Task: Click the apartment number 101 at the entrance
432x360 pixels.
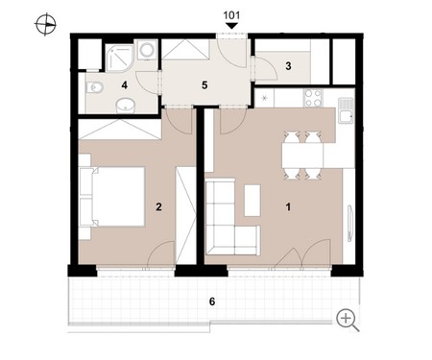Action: click(x=231, y=15)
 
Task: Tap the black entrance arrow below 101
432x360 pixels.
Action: click(x=231, y=26)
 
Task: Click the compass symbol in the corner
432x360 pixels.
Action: click(x=45, y=24)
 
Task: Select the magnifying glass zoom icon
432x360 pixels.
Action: click(x=348, y=320)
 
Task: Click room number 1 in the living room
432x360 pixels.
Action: click(x=288, y=207)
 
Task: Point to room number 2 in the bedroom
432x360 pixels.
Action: click(x=158, y=207)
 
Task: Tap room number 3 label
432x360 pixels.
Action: click(x=288, y=66)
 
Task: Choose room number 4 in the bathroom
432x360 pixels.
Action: click(x=125, y=85)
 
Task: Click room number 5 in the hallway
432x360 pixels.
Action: click(x=204, y=85)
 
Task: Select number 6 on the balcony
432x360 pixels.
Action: click(x=212, y=301)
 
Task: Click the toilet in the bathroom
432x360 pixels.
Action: click(x=94, y=87)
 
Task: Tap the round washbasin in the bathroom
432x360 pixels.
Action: click(x=125, y=106)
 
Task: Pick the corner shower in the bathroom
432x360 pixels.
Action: click(x=119, y=58)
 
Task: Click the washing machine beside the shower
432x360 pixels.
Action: click(x=147, y=50)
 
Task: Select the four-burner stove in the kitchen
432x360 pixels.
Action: click(x=313, y=98)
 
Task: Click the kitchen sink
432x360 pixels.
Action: click(x=346, y=110)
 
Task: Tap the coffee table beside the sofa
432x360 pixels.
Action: click(x=252, y=201)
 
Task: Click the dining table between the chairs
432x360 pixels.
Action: click(x=302, y=156)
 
